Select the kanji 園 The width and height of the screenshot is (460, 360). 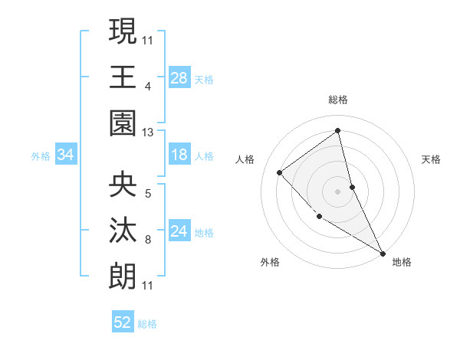coord(123,123)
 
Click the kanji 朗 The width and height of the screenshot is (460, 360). coord(123,276)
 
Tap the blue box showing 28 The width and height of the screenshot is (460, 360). coord(179,77)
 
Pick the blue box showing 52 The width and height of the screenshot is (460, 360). coord(123,322)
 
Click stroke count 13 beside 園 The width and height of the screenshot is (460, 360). coord(148,133)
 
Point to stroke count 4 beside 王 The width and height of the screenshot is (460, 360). coord(148,86)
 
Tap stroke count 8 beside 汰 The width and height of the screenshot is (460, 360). coord(148,240)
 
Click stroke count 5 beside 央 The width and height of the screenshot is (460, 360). coord(148,193)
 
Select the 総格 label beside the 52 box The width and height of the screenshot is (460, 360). coord(147,324)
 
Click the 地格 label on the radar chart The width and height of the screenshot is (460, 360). coord(402,262)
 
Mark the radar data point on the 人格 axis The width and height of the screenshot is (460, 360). coord(280,173)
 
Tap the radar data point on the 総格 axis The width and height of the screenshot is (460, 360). coord(338,131)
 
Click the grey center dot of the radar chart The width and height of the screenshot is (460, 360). coord(338,191)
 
